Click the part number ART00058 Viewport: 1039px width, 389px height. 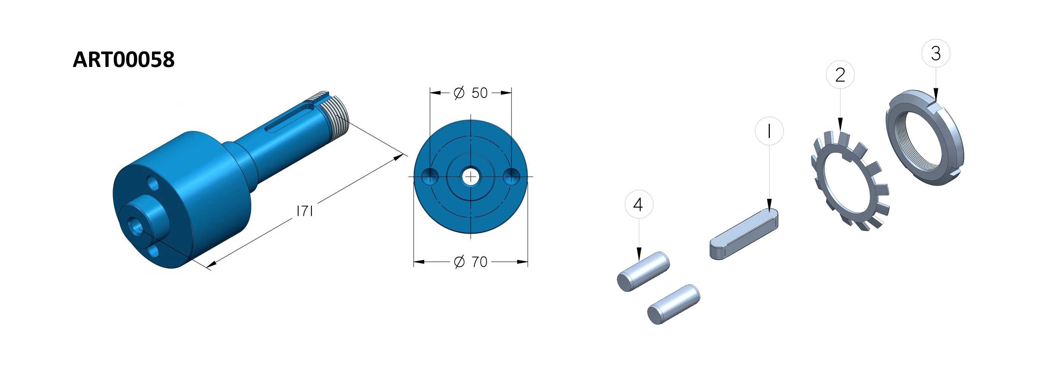click(x=124, y=60)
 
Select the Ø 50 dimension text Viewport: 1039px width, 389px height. click(x=471, y=93)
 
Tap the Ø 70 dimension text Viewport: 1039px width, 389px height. click(x=471, y=262)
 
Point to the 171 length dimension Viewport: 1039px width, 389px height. click(x=305, y=211)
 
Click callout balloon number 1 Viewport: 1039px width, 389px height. click(x=769, y=131)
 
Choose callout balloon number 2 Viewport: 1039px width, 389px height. click(x=840, y=74)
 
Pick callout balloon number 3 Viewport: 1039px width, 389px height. click(x=936, y=53)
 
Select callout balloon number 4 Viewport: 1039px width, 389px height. click(x=639, y=204)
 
